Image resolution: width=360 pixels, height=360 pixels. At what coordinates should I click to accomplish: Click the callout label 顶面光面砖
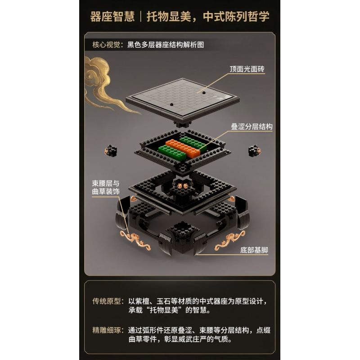[247, 69]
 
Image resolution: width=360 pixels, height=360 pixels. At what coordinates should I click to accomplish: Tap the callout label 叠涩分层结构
[252, 126]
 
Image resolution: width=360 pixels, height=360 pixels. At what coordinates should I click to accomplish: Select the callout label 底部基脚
[254, 250]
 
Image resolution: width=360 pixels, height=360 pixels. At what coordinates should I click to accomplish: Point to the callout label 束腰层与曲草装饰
[106, 187]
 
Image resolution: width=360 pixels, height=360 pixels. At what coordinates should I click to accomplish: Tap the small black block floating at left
[111, 151]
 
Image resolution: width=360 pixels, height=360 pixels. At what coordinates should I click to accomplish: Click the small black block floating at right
[254, 151]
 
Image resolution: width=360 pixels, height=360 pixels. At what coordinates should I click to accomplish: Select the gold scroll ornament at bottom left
[135, 240]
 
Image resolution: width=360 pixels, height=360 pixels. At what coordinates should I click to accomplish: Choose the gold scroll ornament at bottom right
[230, 240]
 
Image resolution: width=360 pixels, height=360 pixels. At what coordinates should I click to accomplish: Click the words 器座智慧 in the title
[112, 17]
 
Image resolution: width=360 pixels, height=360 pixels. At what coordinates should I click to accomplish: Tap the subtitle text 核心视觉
[106, 45]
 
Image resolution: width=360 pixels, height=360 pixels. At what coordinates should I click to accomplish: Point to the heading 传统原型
[106, 301]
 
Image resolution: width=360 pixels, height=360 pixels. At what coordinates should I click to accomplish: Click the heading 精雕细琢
[106, 330]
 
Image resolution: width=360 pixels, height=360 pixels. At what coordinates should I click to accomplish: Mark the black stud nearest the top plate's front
[171, 105]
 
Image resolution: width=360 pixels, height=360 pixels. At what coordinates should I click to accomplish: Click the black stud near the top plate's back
[204, 93]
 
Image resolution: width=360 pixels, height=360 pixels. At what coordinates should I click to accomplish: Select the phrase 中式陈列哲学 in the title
[236, 17]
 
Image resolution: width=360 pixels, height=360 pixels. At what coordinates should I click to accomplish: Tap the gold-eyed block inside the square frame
[183, 185]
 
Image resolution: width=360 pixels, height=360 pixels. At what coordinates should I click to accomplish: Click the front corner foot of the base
[183, 239]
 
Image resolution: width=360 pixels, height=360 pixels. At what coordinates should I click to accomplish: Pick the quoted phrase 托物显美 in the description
[164, 310]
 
